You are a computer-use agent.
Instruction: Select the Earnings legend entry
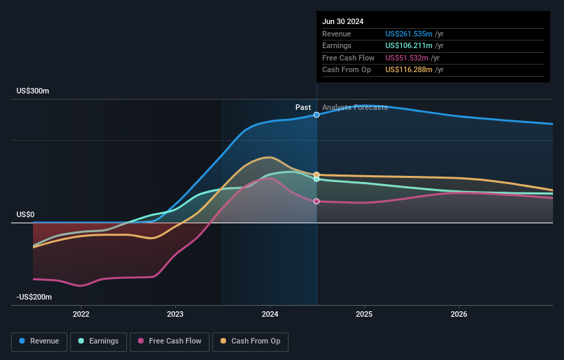98,341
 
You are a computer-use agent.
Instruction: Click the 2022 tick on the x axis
81,314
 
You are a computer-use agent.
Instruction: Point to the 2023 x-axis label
175,314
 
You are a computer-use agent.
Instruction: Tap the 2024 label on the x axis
270,314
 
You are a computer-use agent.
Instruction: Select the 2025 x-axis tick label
364,314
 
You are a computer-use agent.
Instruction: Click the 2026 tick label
459,314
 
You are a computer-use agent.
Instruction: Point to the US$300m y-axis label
33,91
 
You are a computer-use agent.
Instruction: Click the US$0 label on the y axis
25,214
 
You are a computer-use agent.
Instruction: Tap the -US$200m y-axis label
34,297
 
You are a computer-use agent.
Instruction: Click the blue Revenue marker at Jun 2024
317,115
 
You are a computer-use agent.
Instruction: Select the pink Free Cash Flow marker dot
317,201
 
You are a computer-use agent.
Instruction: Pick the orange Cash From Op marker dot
317,175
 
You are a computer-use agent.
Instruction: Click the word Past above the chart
303,107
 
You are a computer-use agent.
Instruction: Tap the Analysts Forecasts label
354,107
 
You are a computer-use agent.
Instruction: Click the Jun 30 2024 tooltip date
343,21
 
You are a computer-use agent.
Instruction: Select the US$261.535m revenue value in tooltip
409,34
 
